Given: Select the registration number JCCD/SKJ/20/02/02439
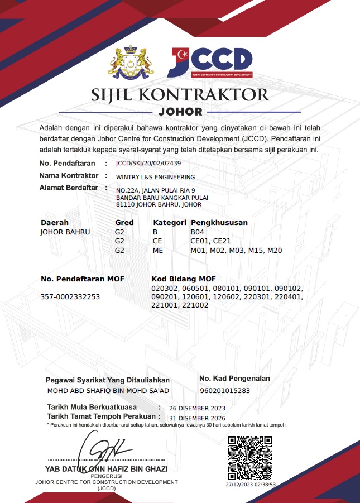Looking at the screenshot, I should (x=148, y=164).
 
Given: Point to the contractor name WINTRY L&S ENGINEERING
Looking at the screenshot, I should (x=152, y=177).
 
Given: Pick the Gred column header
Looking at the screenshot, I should (x=124, y=222).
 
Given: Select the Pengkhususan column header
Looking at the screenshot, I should (x=219, y=222).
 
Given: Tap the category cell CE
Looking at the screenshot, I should (x=157, y=241).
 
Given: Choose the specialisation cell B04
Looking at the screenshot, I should (x=198, y=232).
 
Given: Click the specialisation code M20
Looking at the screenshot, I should (x=275, y=251).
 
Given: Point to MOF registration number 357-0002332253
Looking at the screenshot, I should (x=70, y=297).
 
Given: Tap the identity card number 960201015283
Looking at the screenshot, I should (x=224, y=391).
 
